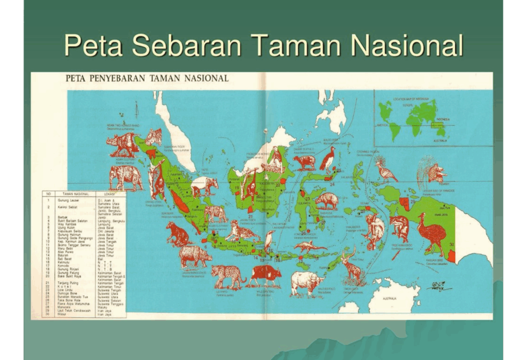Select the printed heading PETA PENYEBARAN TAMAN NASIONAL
tap(147, 79)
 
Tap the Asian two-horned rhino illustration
tap(124, 144)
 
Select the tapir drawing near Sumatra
tap(204, 186)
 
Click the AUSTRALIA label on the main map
tap(389, 298)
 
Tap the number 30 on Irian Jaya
tap(451, 244)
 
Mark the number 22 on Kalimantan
tap(277, 184)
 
